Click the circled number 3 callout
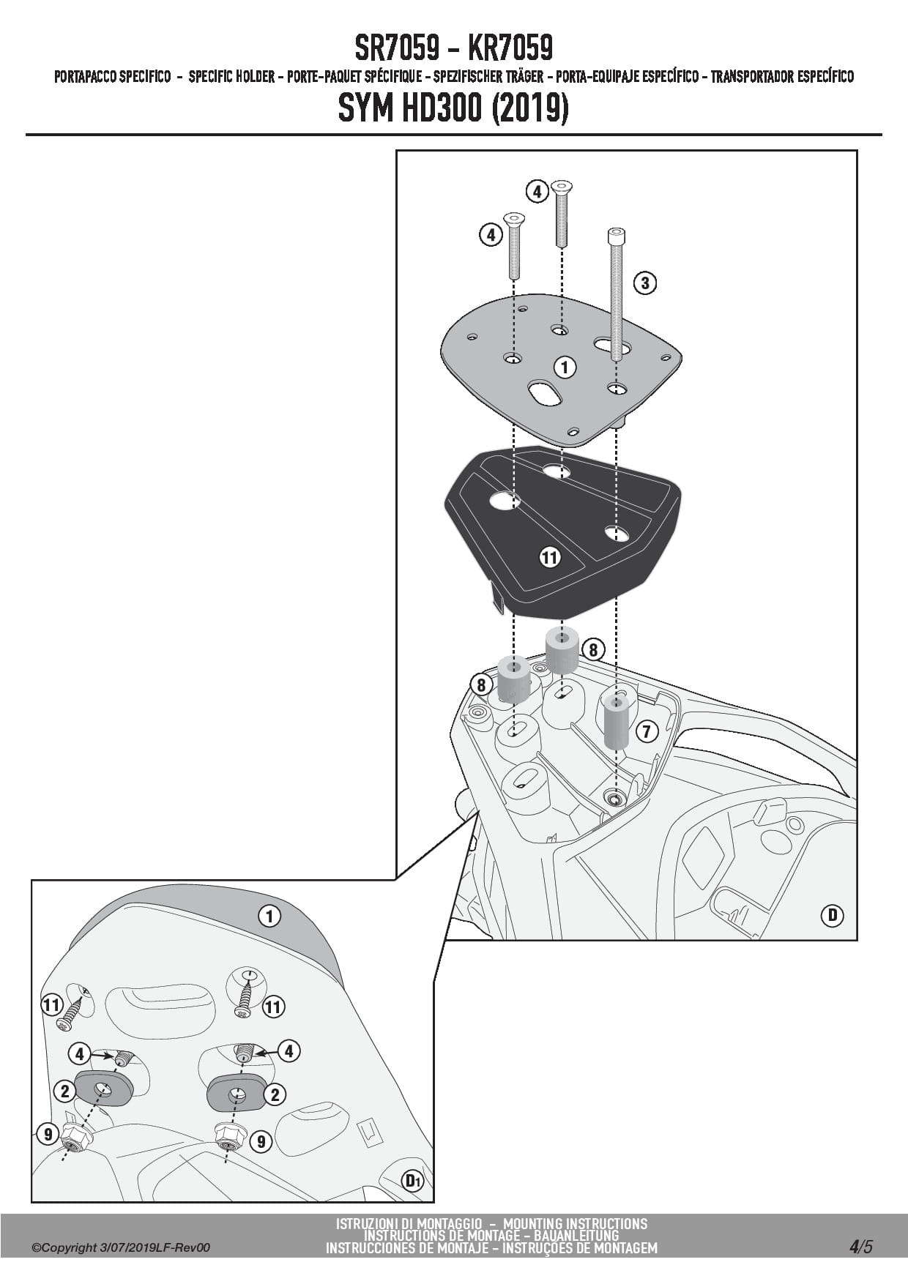644,283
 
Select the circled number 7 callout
647,731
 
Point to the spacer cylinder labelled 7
616,723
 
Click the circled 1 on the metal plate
564,367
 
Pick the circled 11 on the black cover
549,558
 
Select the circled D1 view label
414,1180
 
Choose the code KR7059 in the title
510,48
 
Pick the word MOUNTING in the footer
535,1223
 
